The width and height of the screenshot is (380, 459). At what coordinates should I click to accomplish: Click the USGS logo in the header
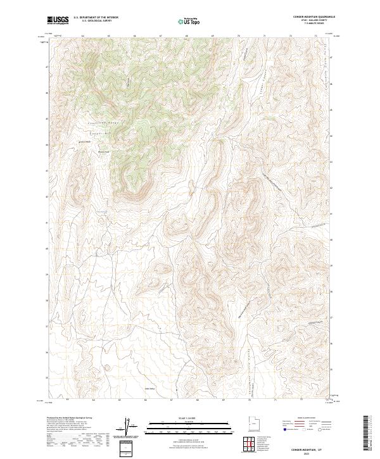click(58, 20)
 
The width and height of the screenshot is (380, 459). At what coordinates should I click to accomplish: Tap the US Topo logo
click(189, 22)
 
